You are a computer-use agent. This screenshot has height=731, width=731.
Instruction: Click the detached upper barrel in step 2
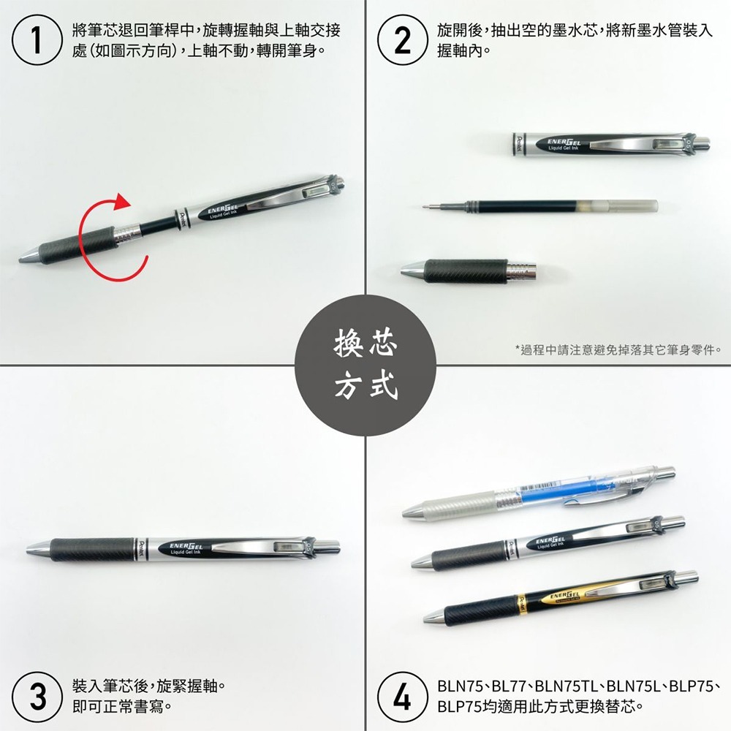pos(607,143)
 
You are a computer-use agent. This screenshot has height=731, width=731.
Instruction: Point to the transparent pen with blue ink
pos(541,491)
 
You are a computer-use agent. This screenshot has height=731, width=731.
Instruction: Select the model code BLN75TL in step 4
pos(567,688)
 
